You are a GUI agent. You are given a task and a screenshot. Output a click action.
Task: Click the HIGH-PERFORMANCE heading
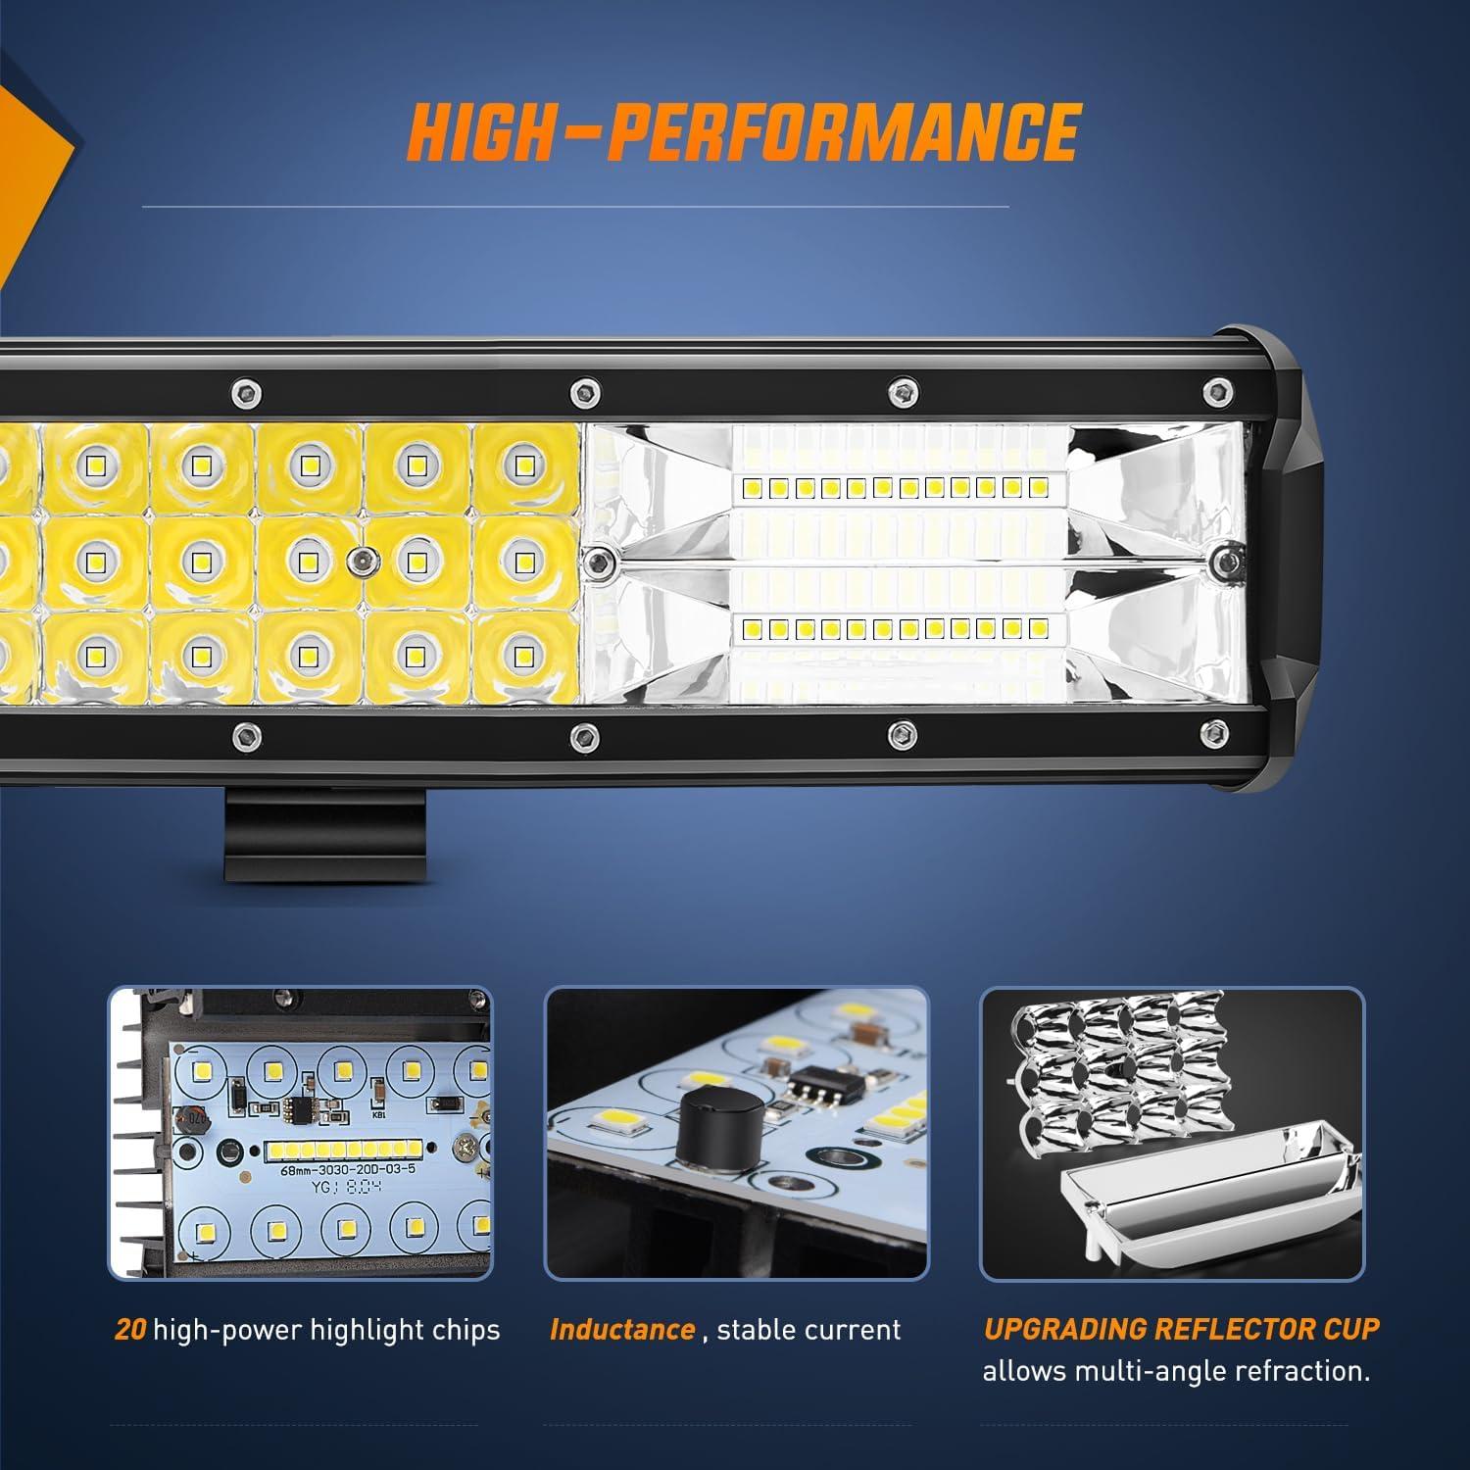coord(744,130)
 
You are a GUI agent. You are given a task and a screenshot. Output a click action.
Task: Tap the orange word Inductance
coord(621,1330)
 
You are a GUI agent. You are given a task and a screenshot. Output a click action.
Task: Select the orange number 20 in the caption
coord(130,1330)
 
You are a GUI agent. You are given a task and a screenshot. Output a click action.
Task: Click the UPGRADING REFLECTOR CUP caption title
coord(1181,1329)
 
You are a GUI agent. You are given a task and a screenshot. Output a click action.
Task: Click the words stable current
coord(808,1330)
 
